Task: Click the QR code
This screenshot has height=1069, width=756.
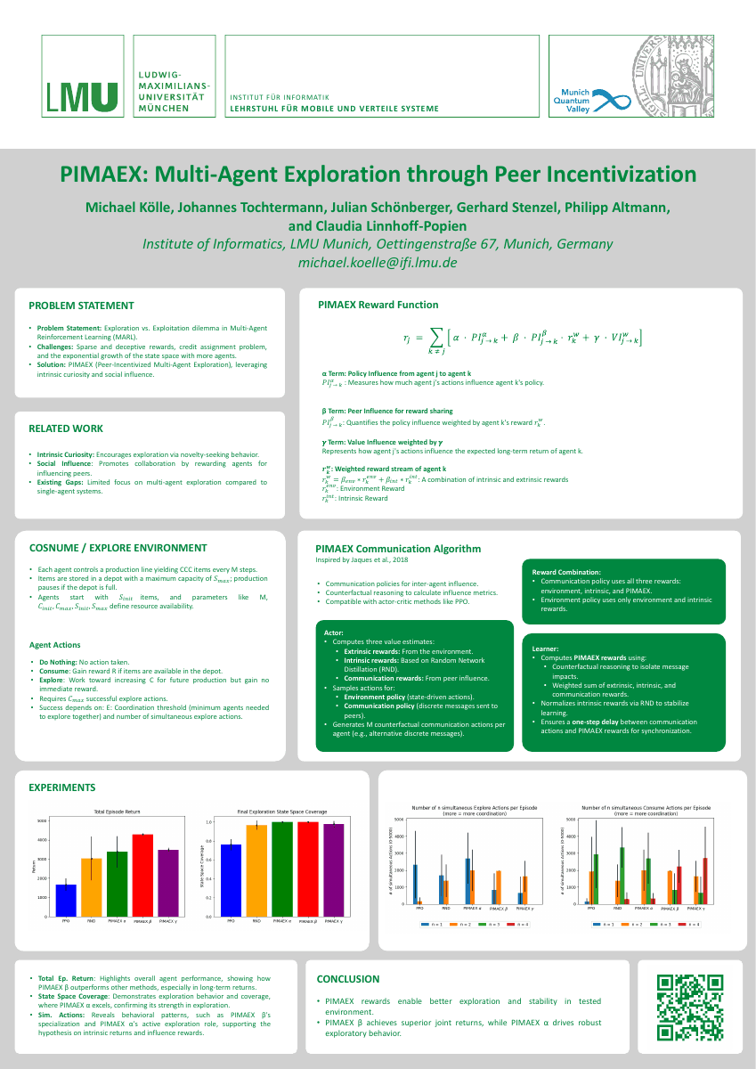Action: pos(688,1008)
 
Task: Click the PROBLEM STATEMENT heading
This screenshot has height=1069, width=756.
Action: pos(81,306)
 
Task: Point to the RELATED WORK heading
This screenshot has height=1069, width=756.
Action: pos(66,428)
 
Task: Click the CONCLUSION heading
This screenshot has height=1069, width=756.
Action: pos(348,979)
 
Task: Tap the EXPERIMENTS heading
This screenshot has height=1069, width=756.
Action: pos(62,787)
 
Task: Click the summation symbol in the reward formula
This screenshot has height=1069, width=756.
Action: pos(435,337)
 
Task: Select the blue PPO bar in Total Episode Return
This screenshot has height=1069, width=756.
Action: pos(66,901)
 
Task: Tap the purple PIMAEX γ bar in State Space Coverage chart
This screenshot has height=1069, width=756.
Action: pos(334,870)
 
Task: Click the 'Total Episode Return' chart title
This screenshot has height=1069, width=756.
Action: pos(118,812)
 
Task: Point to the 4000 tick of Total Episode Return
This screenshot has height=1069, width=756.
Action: pos(43,840)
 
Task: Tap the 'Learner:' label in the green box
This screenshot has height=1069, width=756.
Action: pos(545,649)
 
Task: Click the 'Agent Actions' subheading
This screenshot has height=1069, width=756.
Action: pos(55,644)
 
